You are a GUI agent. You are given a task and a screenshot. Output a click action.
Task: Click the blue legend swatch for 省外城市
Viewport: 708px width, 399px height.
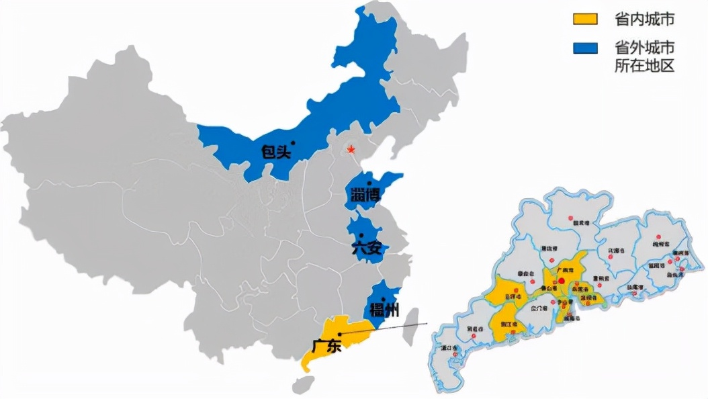pyautogui.click(x=585, y=48)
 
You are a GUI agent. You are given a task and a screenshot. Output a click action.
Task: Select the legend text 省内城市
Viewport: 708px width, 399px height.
pyautogui.click(x=644, y=20)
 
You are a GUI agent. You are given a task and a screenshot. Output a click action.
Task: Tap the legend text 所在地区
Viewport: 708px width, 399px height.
pyautogui.click(x=644, y=65)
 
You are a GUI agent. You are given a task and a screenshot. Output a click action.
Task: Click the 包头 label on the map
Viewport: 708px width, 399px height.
pyautogui.click(x=277, y=152)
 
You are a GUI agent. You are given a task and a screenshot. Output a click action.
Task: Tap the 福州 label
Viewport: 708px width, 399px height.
pyautogui.click(x=384, y=310)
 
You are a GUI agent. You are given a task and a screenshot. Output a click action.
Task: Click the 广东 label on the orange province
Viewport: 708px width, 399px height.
pyautogui.click(x=327, y=347)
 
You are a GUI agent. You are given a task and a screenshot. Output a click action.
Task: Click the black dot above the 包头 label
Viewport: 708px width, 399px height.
pyautogui.click(x=293, y=142)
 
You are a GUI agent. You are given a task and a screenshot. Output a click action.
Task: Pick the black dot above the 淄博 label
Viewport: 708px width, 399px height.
pyautogui.click(x=369, y=182)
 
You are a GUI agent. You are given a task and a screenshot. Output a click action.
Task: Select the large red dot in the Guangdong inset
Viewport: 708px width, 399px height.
pyautogui.click(x=562, y=281)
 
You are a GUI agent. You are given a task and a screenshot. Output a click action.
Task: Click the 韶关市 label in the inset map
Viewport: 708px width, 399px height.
pyautogui.click(x=574, y=224)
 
